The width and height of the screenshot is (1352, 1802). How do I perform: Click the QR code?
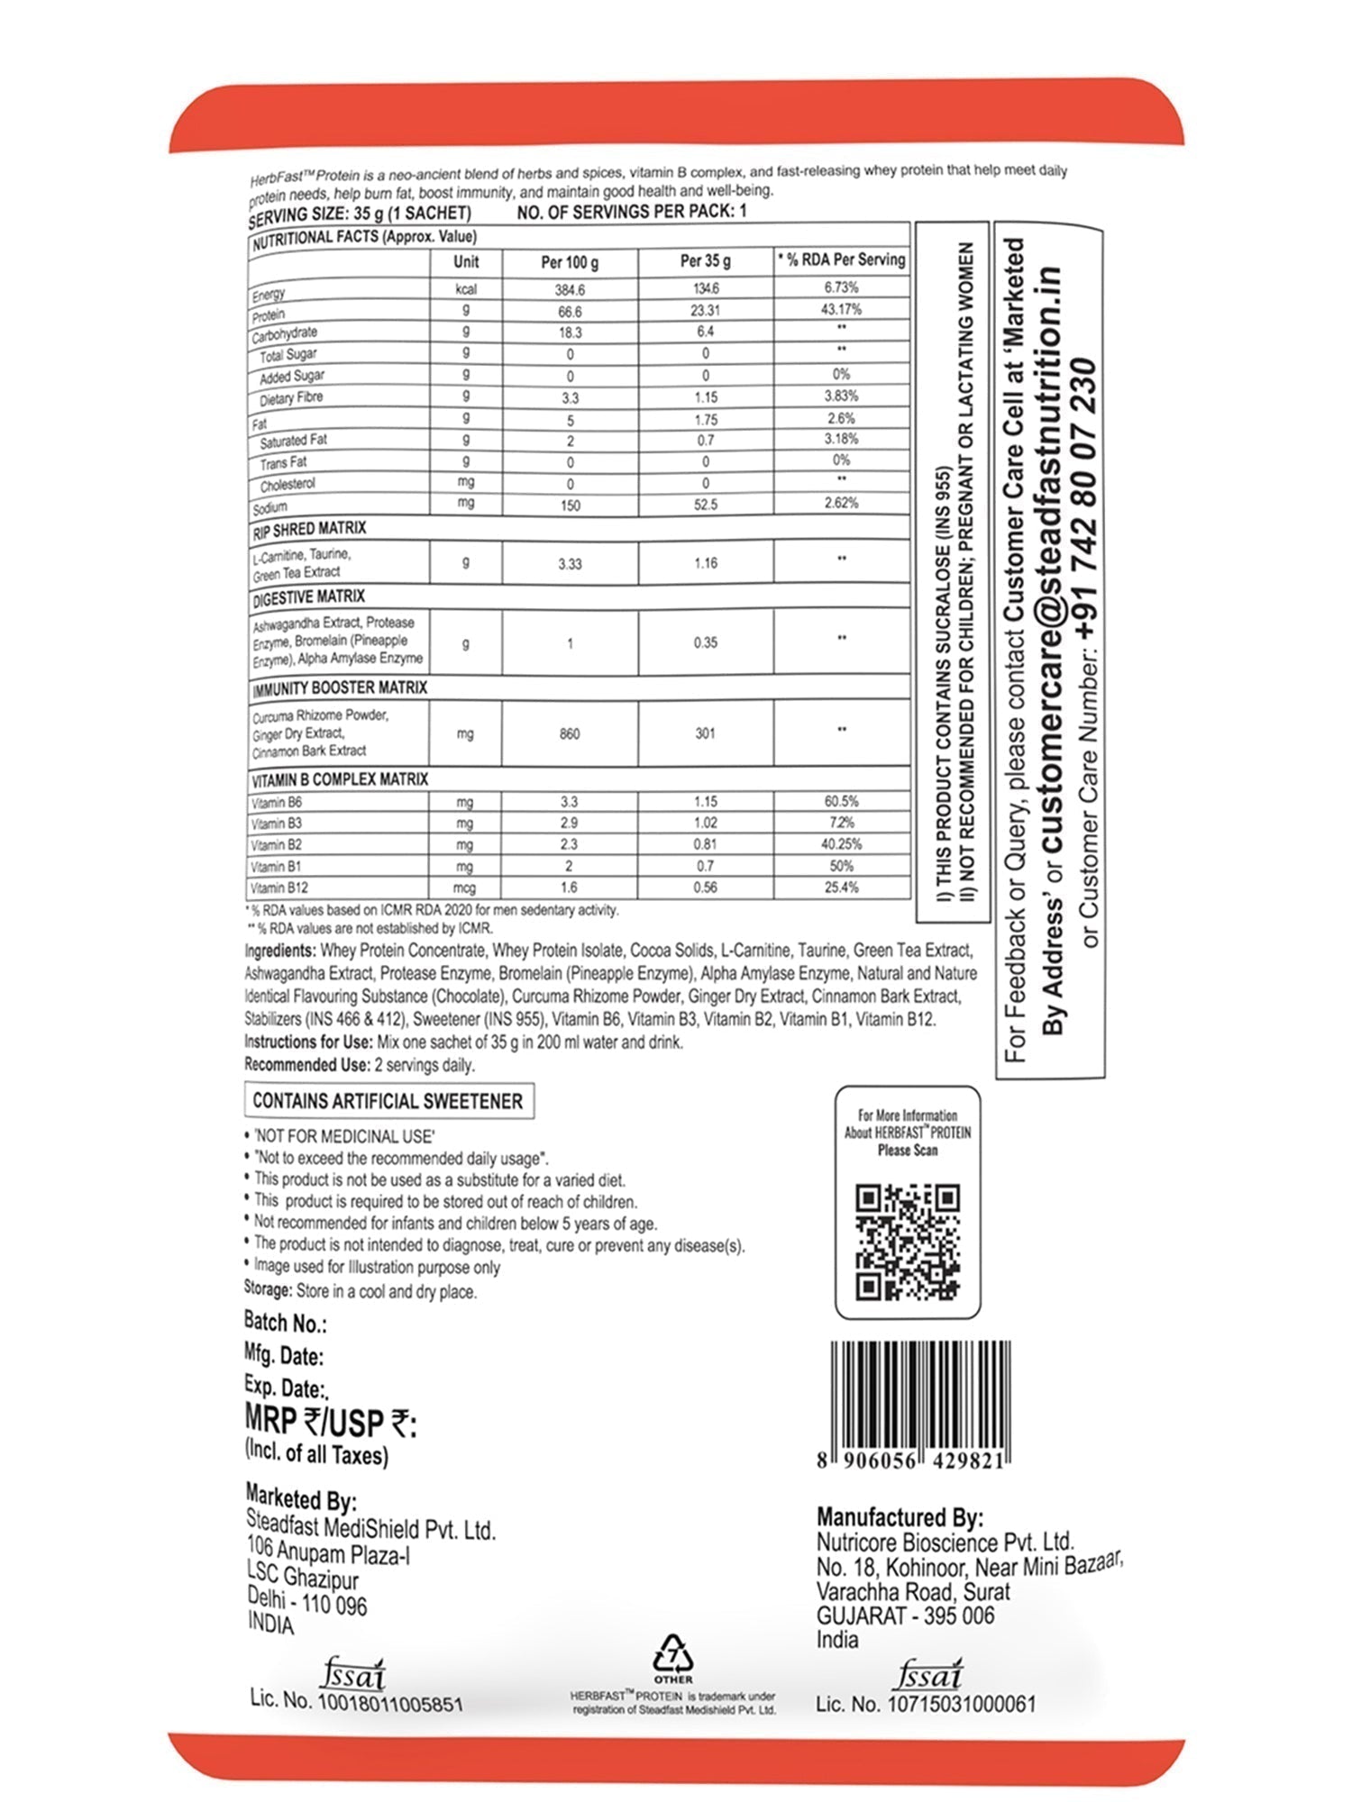907,1242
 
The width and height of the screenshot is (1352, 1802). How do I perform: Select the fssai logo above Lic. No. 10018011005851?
353,1674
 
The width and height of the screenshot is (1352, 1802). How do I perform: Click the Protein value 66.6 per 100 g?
570,311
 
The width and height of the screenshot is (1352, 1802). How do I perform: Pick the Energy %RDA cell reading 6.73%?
840,287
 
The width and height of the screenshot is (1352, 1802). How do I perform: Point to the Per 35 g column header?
705,261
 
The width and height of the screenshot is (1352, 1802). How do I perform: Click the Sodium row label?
270,507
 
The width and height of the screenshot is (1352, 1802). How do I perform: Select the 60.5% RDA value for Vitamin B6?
840,801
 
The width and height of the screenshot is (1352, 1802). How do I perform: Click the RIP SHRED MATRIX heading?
309,529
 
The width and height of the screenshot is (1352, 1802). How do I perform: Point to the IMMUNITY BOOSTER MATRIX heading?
340,688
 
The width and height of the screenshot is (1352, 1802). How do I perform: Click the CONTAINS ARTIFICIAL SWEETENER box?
388,1101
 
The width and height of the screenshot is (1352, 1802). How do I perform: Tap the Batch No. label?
285,1323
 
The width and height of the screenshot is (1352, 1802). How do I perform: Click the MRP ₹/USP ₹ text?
330,1423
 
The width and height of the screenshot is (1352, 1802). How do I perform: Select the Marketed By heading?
301,1498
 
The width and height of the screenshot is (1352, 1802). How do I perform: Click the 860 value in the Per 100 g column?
570,733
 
